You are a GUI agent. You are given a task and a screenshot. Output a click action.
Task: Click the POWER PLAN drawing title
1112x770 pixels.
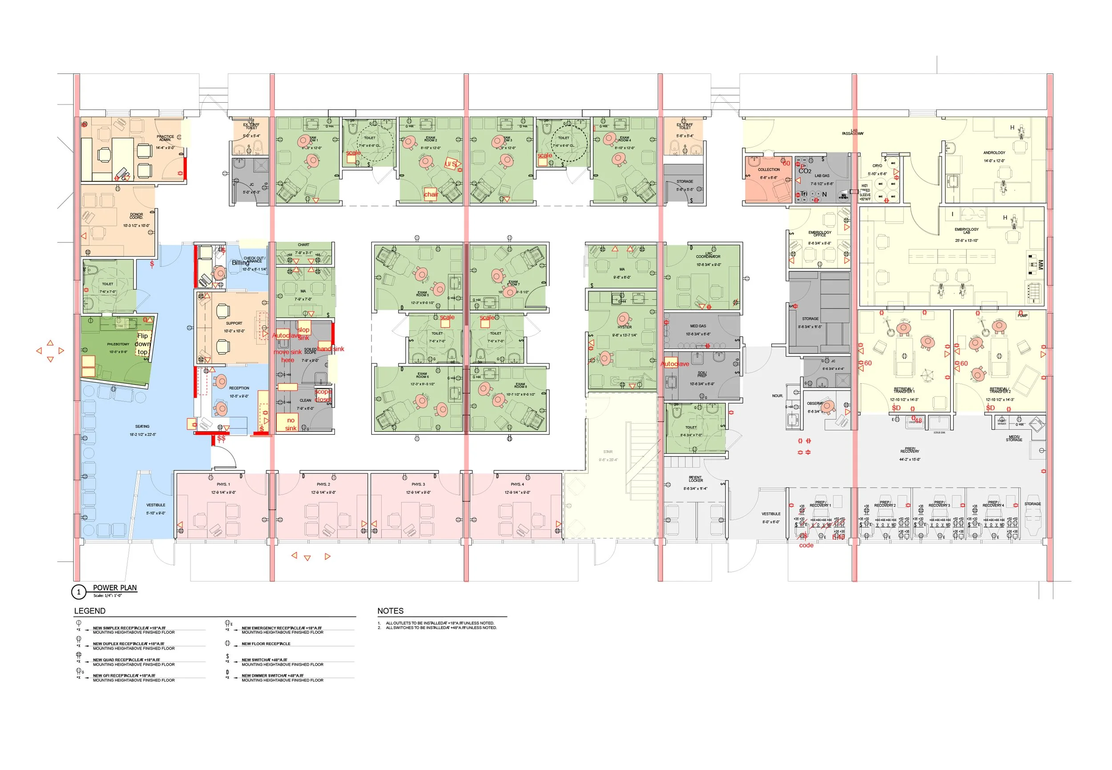click(114, 588)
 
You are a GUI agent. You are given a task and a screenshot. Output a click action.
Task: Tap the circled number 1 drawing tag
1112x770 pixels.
click(79, 592)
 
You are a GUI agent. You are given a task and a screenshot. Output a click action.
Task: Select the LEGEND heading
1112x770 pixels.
click(90, 611)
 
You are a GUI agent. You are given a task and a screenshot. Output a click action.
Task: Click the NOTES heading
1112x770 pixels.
click(390, 611)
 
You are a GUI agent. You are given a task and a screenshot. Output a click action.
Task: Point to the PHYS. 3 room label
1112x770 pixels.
click(418, 484)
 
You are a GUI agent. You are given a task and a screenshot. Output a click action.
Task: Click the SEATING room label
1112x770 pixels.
click(142, 426)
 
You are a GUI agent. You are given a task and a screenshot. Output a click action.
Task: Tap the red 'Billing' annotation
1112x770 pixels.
click(240, 263)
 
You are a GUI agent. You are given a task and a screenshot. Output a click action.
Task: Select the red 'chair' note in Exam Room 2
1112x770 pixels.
click(431, 194)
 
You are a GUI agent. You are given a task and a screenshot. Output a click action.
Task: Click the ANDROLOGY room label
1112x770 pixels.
click(994, 152)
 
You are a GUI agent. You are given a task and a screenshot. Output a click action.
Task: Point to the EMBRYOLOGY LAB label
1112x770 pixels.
click(966, 231)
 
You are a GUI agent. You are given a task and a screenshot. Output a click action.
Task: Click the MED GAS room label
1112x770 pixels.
click(697, 326)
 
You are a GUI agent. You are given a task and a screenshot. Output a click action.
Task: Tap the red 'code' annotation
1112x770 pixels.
click(806, 545)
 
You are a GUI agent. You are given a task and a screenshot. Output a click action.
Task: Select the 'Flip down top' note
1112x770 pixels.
click(142, 344)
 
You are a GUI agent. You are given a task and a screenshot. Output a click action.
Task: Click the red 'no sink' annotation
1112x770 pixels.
click(290, 424)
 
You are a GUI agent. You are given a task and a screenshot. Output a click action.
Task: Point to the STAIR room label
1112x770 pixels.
click(608, 452)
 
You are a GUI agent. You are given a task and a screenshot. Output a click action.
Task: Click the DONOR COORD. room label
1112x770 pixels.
click(136, 216)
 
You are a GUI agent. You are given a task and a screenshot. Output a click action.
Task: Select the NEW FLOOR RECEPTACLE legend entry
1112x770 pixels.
click(266, 644)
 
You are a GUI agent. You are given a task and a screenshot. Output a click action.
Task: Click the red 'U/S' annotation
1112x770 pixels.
click(450, 164)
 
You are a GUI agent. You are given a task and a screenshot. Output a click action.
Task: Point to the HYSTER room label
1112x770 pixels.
click(624, 327)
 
